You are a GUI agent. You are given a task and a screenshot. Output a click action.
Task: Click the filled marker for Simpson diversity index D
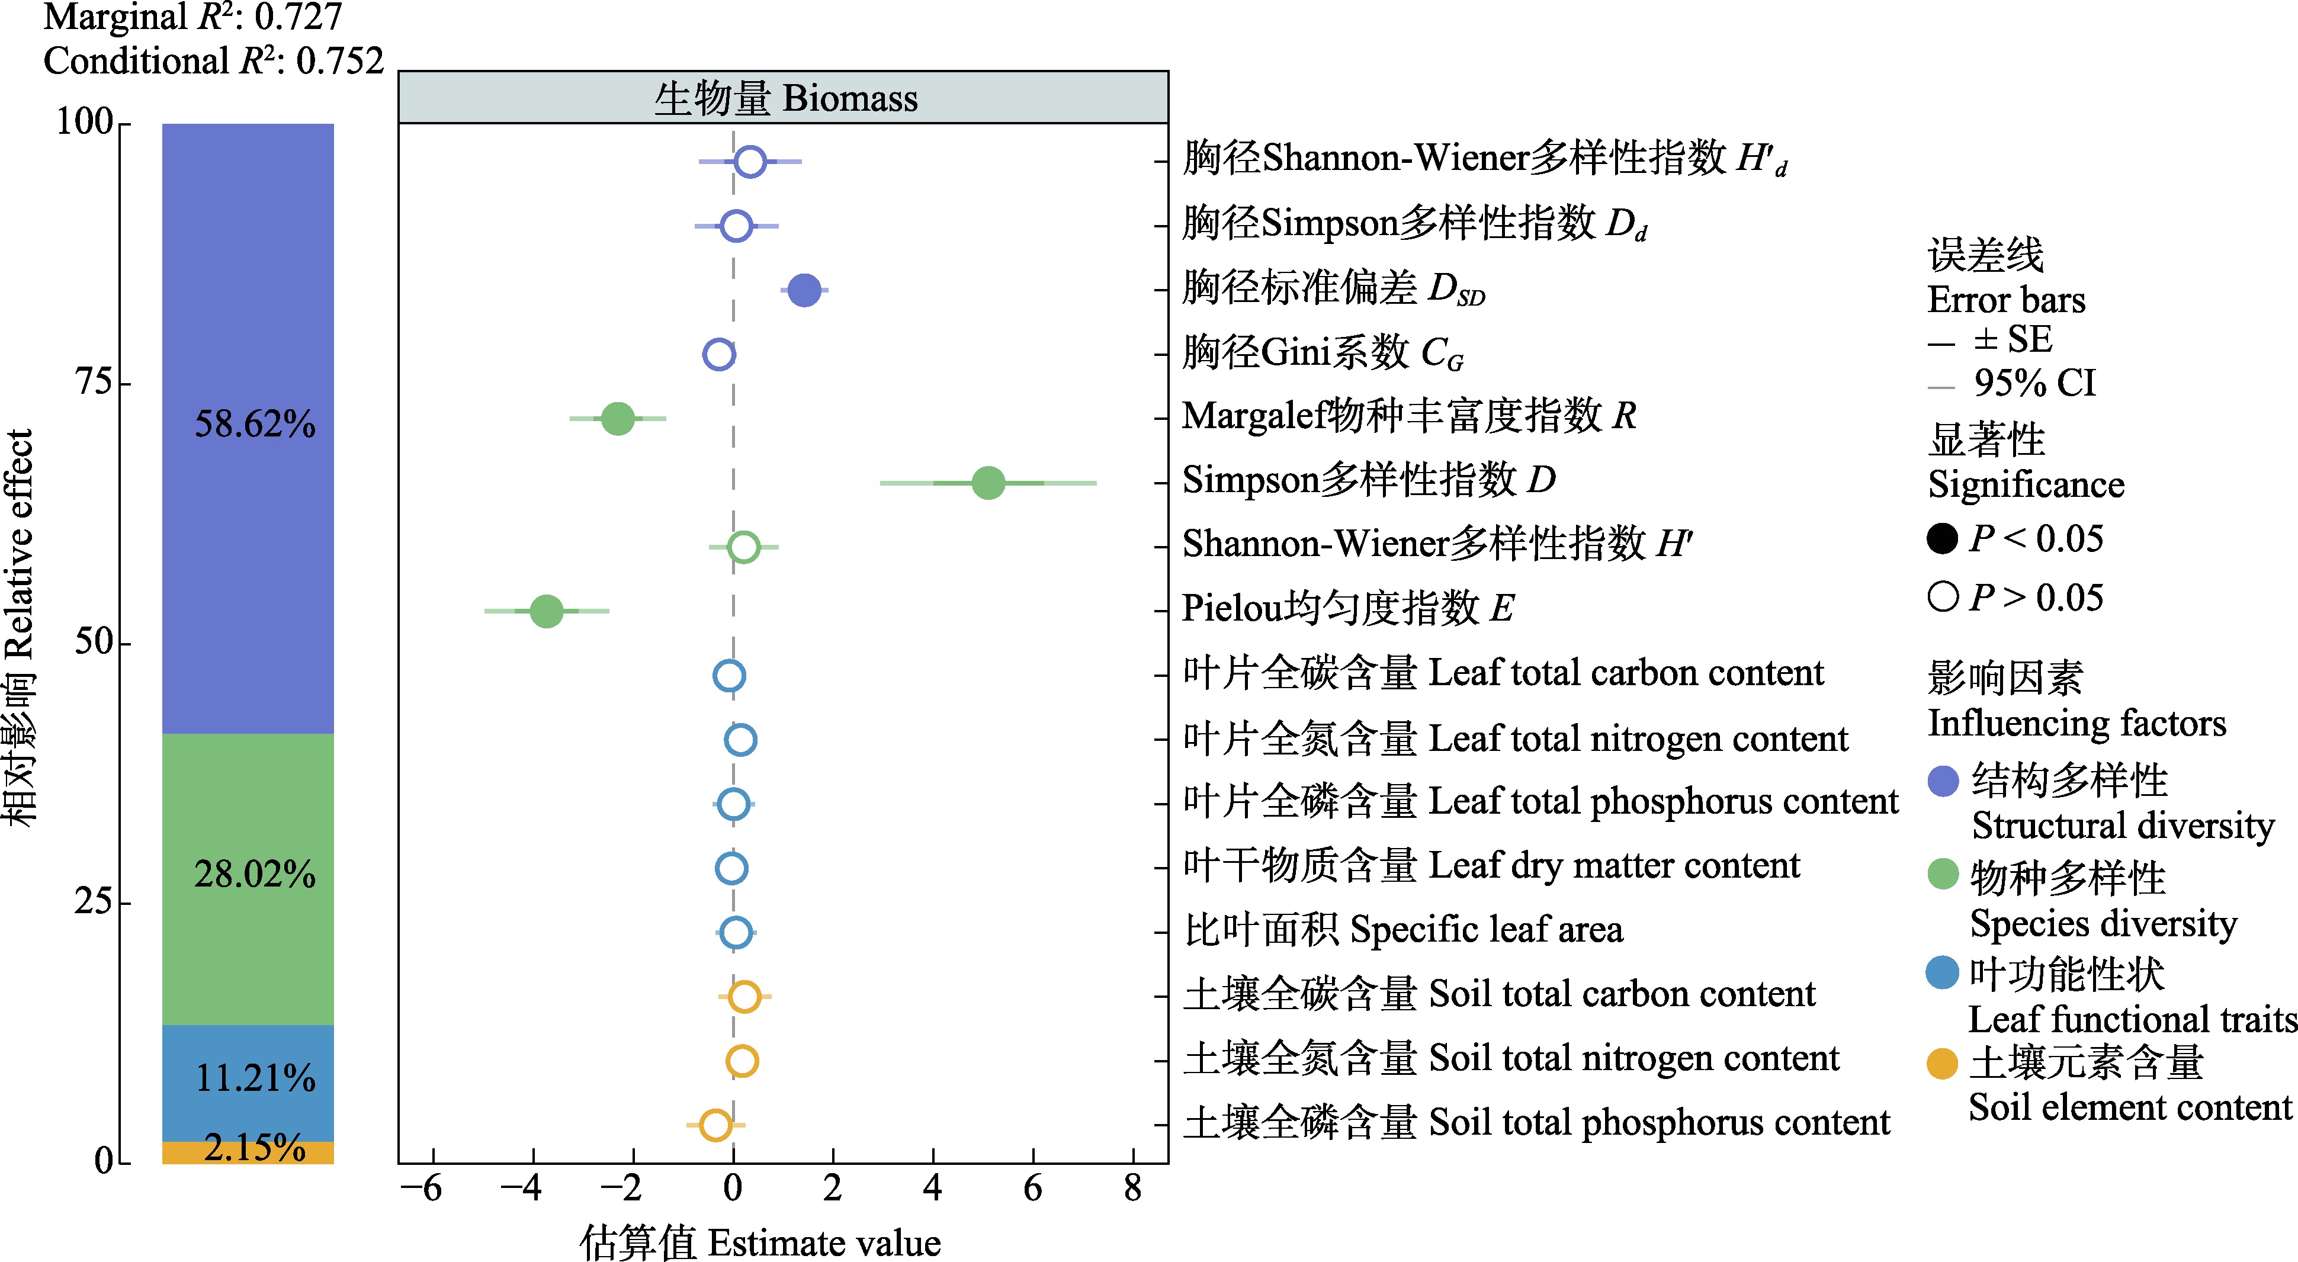(x=987, y=483)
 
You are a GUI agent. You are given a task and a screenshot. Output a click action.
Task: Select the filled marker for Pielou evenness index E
(x=546, y=611)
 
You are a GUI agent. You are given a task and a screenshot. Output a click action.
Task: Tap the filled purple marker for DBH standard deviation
(x=804, y=290)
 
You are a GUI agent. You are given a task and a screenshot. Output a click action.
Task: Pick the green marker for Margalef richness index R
(x=617, y=418)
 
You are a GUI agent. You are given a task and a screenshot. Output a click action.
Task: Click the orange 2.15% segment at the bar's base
(x=248, y=1152)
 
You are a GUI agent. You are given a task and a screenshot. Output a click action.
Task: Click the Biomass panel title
(x=785, y=98)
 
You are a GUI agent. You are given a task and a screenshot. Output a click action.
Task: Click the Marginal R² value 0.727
(x=298, y=18)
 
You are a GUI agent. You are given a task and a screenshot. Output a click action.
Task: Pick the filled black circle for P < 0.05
(x=1942, y=539)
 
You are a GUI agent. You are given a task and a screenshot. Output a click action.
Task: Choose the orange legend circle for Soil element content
(x=1942, y=1063)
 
